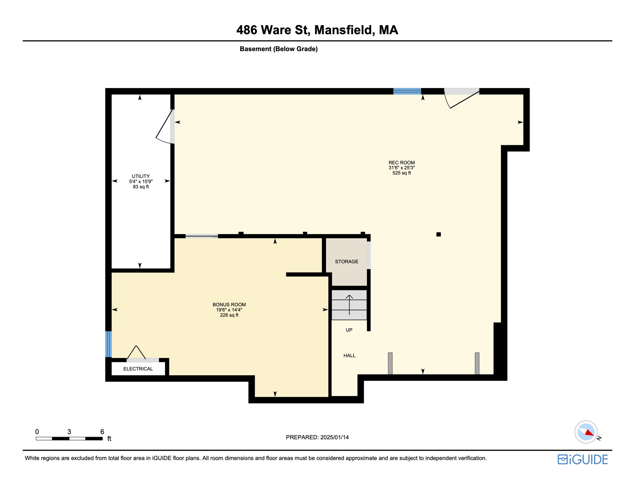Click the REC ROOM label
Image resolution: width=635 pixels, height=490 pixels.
pyautogui.click(x=402, y=163)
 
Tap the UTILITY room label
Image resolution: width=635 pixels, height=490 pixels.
pyautogui.click(x=141, y=176)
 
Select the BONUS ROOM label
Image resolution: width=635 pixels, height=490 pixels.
pyautogui.click(x=229, y=305)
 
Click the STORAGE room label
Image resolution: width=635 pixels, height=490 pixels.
pyautogui.click(x=347, y=262)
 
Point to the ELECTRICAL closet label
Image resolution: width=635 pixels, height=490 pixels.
pyautogui.click(x=138, y=369)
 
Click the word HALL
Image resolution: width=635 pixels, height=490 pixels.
pyautogui.click(x=349, y=356)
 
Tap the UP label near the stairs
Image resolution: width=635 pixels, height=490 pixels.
pyautogui.click(x=349, y=330)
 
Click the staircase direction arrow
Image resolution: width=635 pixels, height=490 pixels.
pyautogui.click(x=349, y=305)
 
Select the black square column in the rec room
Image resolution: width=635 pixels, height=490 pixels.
pyautogui.click(x=439, y=234)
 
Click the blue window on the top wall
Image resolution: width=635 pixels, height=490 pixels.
pyautogui.click(x=407, y=91)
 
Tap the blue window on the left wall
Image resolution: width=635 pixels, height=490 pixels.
pyautogui.click(x=109, y=344)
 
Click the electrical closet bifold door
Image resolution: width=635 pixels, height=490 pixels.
pyautogui.click(x=137, y=353)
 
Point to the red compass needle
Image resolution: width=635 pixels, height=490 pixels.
pyautogui.click(x=589, y=433)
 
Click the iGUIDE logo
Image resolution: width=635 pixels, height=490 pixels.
pyautogui.click(x=583, y=459)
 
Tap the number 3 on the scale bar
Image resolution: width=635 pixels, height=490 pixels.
pyautogui.click(x=69, y=432)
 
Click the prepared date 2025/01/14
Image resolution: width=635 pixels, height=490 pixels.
pyautogui.click(x=334, y=437)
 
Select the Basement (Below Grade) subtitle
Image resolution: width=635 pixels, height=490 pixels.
pyautogui.click(x=279, y=49)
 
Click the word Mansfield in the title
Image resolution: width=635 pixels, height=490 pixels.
pyautogui.click(x=343, y=30)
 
